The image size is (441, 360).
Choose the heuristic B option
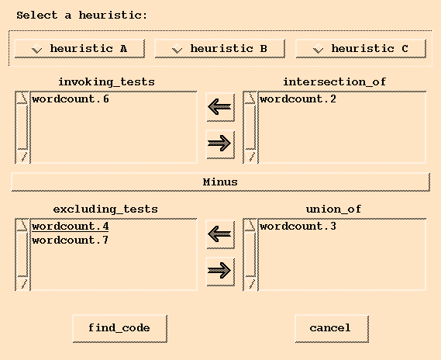pyautogui.click(x=219, y=49)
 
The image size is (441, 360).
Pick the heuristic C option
pyautogui.click(x=361, y=49)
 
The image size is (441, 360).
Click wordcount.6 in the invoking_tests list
pyautogui.click(x=71, y=99)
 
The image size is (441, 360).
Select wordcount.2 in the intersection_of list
pyautogui.click(x=298, y=99)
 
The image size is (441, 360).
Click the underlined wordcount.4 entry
pyautogui.click(x=71, y=227)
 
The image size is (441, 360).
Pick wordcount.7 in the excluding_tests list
pyautogui.click(x=71, y=240)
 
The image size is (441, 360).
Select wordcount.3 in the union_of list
pyautogui.click(x=298, y=227)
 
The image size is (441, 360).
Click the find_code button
pyautogui.click(x=119, y=328)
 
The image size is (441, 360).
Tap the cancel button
pyautogui.click(x=332, y=328)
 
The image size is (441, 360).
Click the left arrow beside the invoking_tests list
pyautogui.click(x=220, y=107)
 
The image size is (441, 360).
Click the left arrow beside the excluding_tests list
pyautogui.click(x=220, y=234)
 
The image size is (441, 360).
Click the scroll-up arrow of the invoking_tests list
pyautogui.click(x=22, y=99)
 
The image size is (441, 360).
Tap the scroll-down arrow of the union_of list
pyautogui.click(x=250, y=283)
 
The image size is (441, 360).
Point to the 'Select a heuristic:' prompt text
pyautogui.click(x=82, y=16)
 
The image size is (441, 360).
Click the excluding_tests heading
pyautogui.click(x=105, y=209)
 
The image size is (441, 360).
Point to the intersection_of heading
pyautogui.click(x=334, y=82)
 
